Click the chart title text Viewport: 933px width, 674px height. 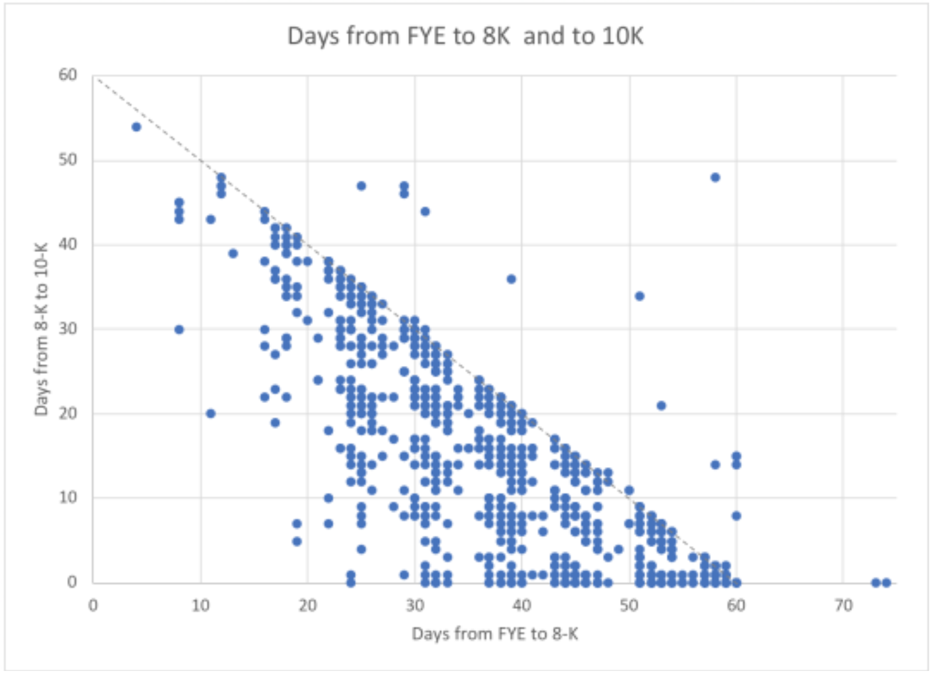pyautogui.click(x=465, y=36)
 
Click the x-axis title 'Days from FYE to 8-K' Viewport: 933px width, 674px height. pyautogui.click(x=495, y=634)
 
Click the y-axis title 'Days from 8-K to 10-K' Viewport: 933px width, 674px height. pyautogui.click(x=41, y=329)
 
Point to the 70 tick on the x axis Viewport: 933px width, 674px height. pyautogui.click(x=843, y=605)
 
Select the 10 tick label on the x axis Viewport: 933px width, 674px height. pyautogui.click(x=200, y=605)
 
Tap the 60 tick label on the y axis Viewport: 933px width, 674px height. pyautogui.click(x=68, y=75)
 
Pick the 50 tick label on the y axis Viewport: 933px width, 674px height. pyautogui.click(x=68, y=160)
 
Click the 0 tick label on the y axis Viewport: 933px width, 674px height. pyautogui.click(x=72, y=582)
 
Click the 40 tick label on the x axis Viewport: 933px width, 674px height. pyautogui.click(x=522, y=605)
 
